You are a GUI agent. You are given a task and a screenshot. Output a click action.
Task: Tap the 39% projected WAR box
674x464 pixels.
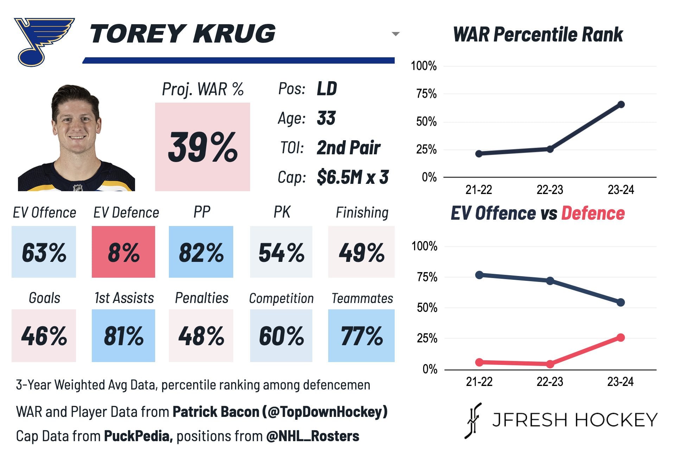[203, 147]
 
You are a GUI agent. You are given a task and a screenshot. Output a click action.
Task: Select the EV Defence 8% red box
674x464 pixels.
[123, 252]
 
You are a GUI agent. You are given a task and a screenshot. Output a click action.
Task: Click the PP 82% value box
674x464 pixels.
[201, 252]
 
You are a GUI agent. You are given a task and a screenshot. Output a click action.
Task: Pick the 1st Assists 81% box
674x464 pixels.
[123, 335]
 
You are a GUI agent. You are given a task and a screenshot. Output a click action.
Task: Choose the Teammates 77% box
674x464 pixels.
[361, 335]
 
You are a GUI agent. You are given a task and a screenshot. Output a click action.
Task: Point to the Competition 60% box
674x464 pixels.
[281, 335]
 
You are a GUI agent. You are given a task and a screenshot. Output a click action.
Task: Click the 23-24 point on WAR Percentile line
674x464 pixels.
[621, 104]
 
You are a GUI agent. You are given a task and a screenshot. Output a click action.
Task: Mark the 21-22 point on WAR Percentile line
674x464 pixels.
[479, 154]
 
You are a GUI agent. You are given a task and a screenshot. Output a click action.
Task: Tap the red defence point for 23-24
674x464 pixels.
[621, 337]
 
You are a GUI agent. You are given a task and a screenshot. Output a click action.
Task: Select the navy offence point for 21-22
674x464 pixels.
[479, 275]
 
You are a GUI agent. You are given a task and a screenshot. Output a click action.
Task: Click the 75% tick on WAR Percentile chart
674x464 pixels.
[426, 94]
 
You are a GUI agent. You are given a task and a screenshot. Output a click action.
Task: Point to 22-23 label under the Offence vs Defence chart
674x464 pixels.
[550, 381]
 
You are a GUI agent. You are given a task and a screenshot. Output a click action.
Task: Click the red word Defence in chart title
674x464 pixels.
[593, 213]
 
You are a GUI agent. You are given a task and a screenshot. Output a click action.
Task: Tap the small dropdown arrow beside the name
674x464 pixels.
[396, 34]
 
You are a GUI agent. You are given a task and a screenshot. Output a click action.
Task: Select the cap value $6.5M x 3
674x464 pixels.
[352, 177]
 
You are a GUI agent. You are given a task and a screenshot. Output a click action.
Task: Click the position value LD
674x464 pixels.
[327, 89]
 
